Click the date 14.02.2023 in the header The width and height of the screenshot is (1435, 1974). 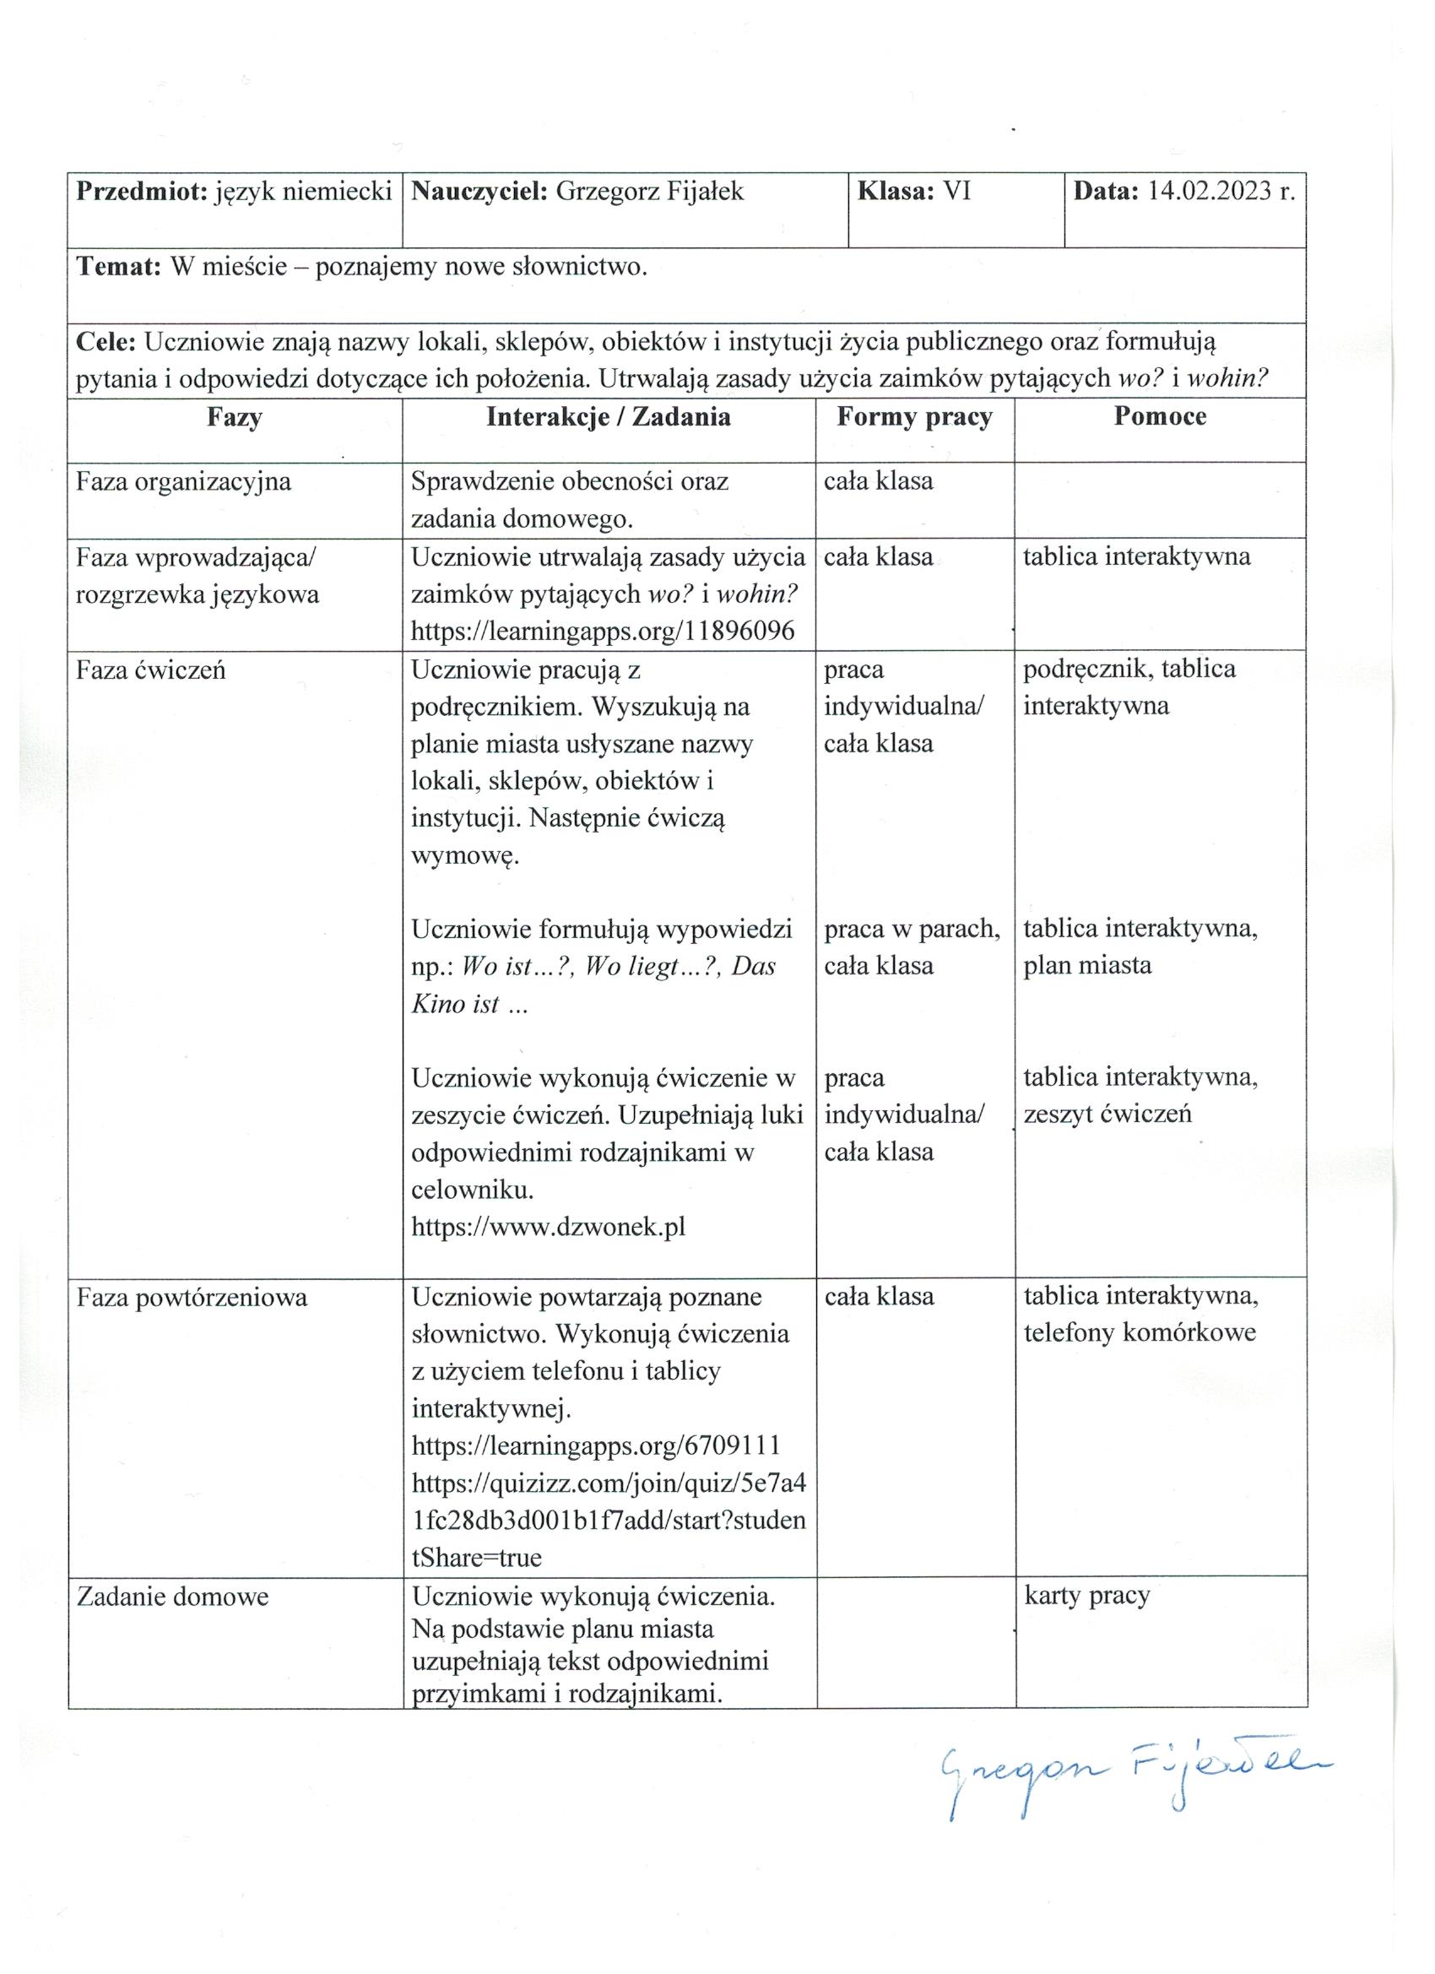(1210, 192)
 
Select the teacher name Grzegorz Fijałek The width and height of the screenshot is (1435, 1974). (649, 192)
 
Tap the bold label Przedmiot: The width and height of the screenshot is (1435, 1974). (142, 192)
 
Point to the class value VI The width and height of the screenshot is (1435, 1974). (957, 192)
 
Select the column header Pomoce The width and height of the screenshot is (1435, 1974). (1159, 416)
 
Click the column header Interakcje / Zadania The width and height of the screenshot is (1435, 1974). (609, 417)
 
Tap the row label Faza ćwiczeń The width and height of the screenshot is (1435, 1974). (150, 670)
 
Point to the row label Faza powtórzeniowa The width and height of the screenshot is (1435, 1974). (192, 1298)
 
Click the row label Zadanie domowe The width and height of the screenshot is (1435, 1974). (172, 1597)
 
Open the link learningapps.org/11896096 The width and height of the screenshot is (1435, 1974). (602, 631)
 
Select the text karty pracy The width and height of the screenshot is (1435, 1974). (1087, 1596)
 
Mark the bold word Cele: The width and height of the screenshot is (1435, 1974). (106, 342)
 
